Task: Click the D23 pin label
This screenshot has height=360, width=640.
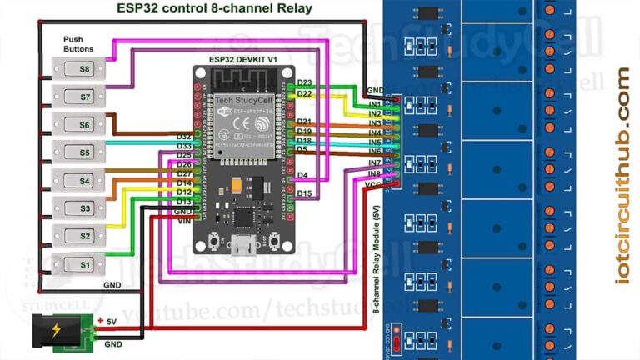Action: click(304, 83)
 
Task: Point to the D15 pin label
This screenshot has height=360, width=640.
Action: click(304, 193)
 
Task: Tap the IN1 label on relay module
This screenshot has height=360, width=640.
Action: click(375, 104)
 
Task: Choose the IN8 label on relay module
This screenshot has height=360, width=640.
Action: click(375, 172)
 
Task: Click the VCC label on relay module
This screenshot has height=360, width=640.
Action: click(374, 182)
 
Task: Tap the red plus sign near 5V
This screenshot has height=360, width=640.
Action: click(100, 321)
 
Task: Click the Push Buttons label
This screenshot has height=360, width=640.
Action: click(78, 44)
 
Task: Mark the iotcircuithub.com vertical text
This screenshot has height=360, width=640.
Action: click(623, 175)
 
